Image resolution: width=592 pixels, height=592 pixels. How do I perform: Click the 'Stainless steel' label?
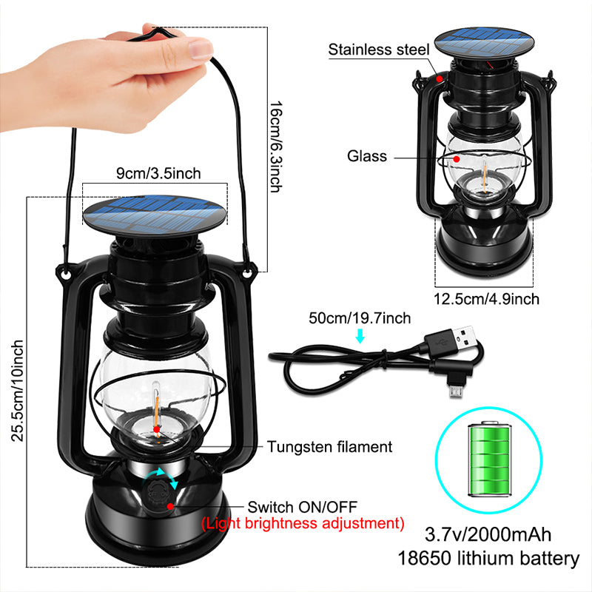[379, 50]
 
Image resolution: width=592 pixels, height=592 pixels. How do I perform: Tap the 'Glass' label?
[368, 156]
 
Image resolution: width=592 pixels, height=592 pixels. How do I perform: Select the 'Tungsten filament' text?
[329, 447]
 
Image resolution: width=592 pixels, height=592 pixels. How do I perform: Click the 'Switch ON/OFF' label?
[302, 507]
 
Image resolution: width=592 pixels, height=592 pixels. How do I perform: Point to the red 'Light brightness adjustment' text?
[303, 524]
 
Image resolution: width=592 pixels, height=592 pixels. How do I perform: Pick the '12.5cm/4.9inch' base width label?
[487, 299]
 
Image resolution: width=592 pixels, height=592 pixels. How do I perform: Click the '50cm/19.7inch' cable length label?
[360, 319]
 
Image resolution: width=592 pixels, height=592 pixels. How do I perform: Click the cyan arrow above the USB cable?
[360, 337]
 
